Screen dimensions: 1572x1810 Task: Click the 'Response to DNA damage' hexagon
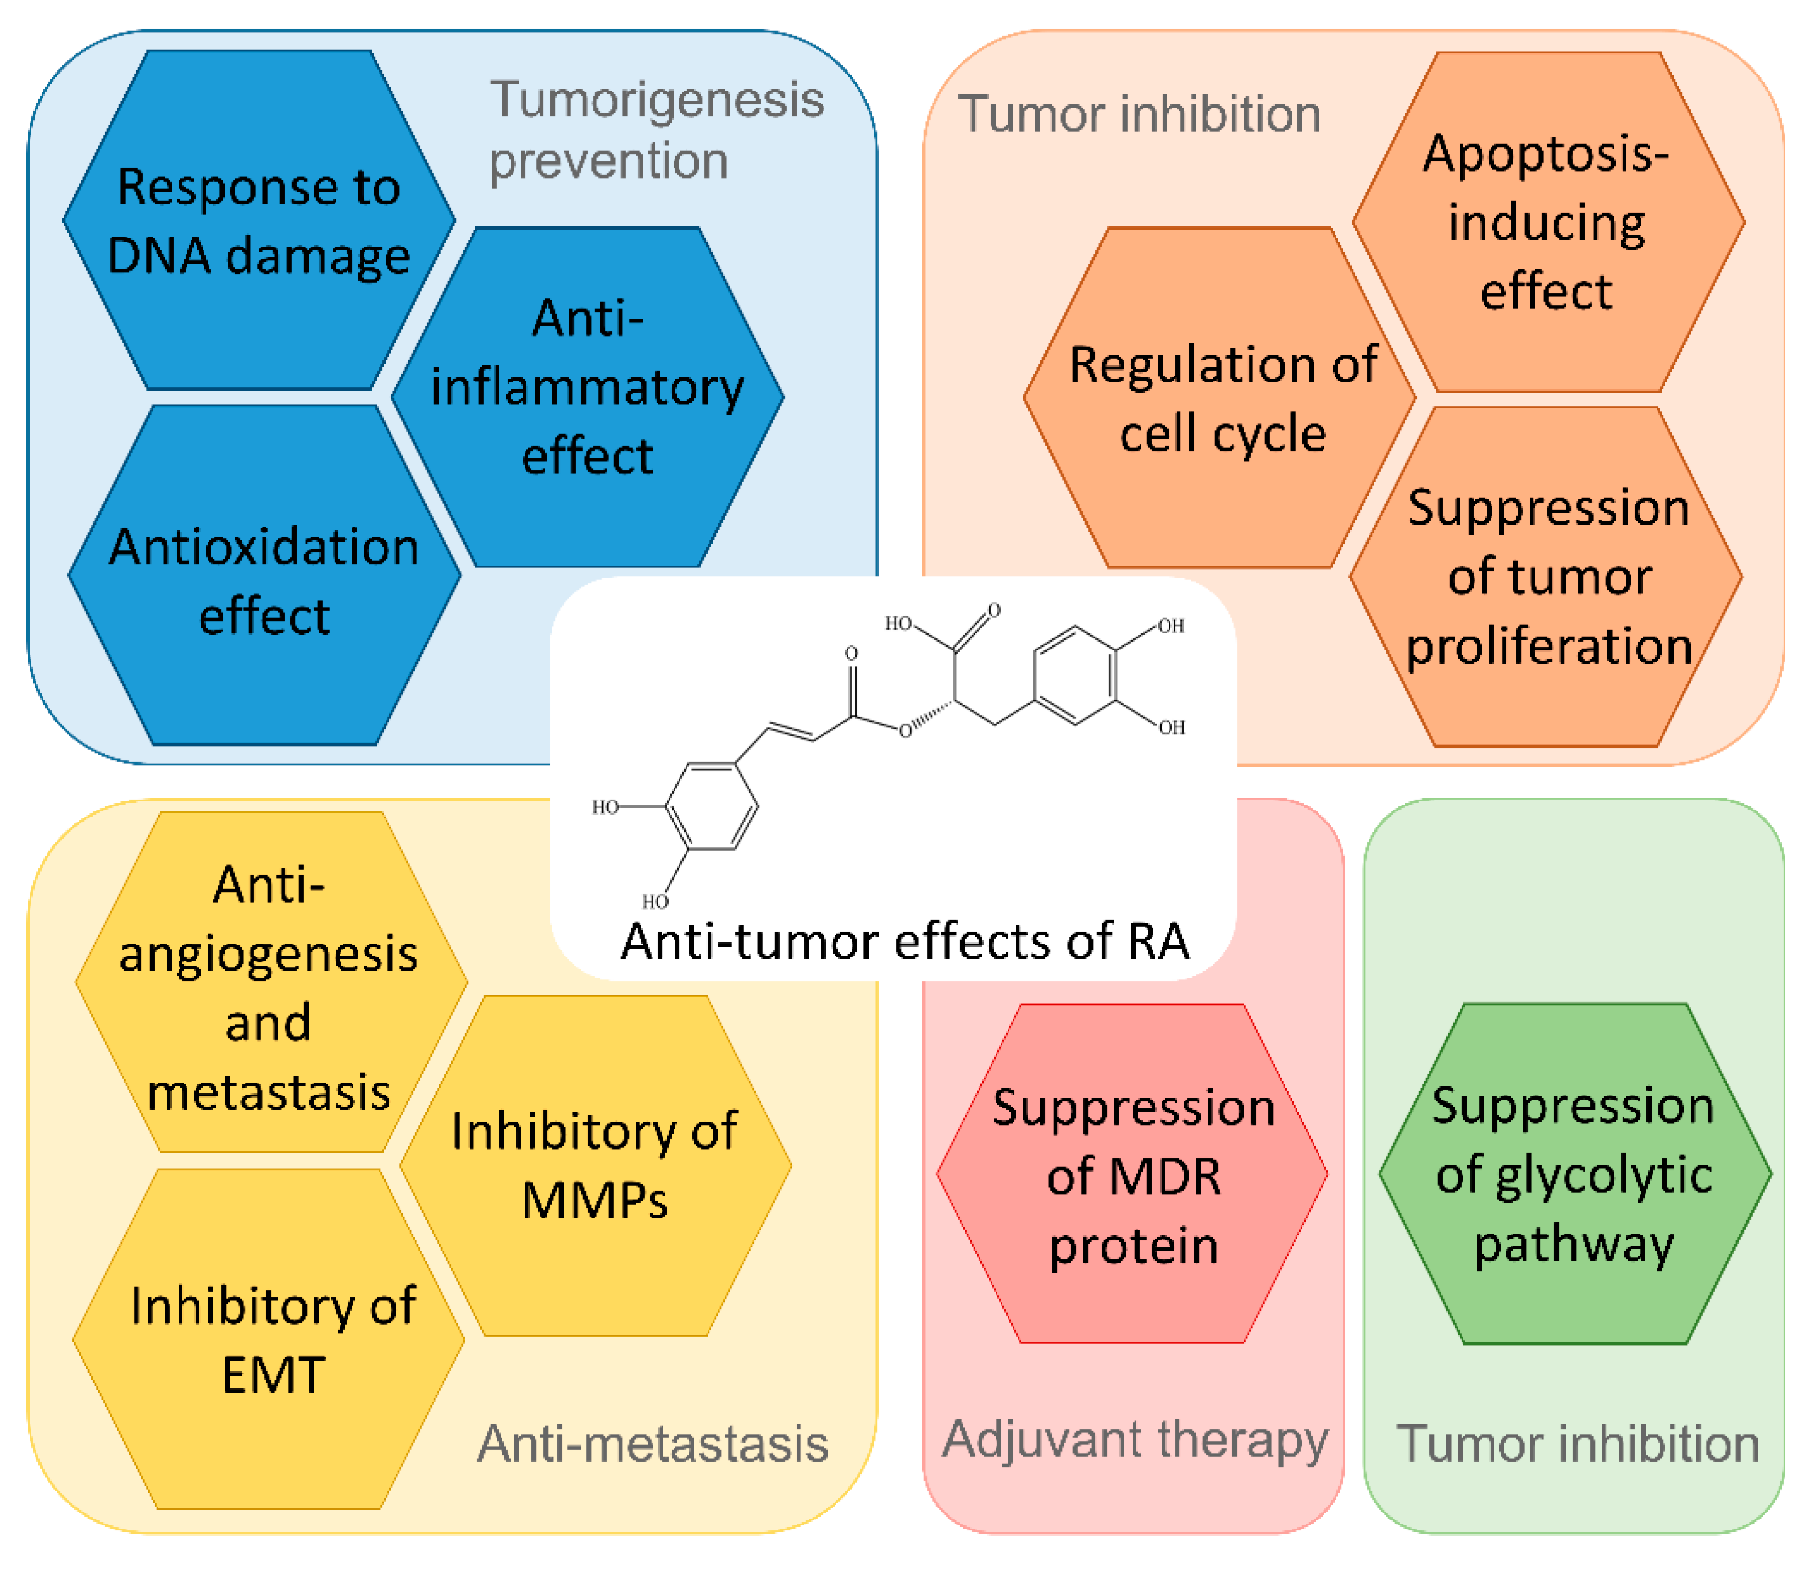pyautogui.click(x=258, y=220)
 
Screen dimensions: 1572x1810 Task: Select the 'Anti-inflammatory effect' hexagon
pyautogui.click(x=587, y=396)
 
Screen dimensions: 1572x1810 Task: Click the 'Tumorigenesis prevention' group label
pyautogui.click(x=656, y=130)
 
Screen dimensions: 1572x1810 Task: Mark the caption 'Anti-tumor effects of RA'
pyautogui.click(x=904, y=941)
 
